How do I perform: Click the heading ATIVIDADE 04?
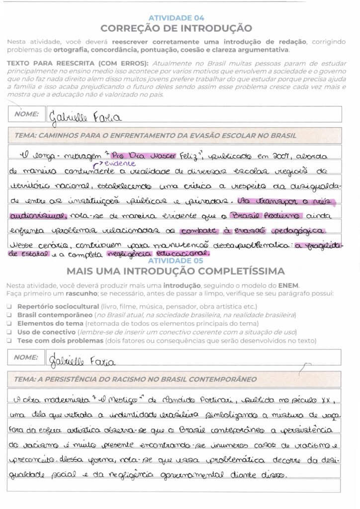point(176,18)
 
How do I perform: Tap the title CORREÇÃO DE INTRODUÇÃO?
point(176,28)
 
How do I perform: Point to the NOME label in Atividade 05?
point(26,357)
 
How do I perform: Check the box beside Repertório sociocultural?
point(9,307)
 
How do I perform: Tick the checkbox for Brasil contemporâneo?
point(9,315)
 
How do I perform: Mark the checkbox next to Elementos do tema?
point(9,324)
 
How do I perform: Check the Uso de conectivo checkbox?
point(9,332)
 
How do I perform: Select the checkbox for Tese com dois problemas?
point(9,340)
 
